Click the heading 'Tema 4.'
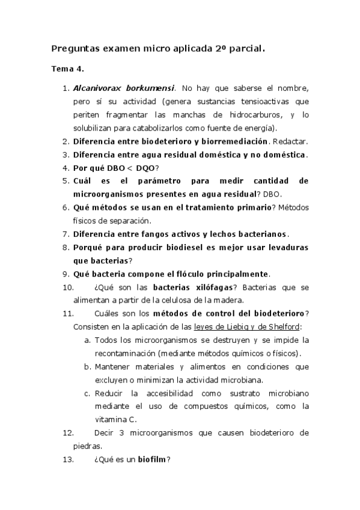pos(67,69)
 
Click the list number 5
pos(66,181)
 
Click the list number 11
pos(67,314)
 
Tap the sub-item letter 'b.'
pos(88,367)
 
